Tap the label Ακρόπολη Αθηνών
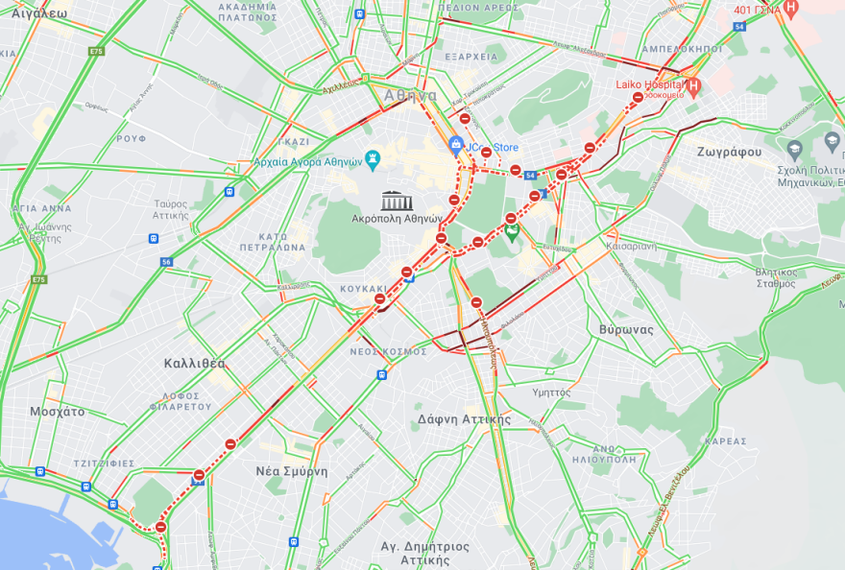point(396,219)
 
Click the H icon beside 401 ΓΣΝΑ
point(790,10)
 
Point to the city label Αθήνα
point(410,96)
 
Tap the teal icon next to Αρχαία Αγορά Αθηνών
point(374,158)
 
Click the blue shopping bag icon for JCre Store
point(457,146)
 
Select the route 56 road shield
point(167,261)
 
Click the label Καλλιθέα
point(193,363)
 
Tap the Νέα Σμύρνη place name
point(292,471)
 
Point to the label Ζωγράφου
point(732,152)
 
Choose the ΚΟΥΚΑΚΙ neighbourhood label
point(364,288)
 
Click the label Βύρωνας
point(626,329)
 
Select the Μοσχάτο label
point(57,411)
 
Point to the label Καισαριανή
point(631,246)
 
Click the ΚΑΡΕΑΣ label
point(724,440)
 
